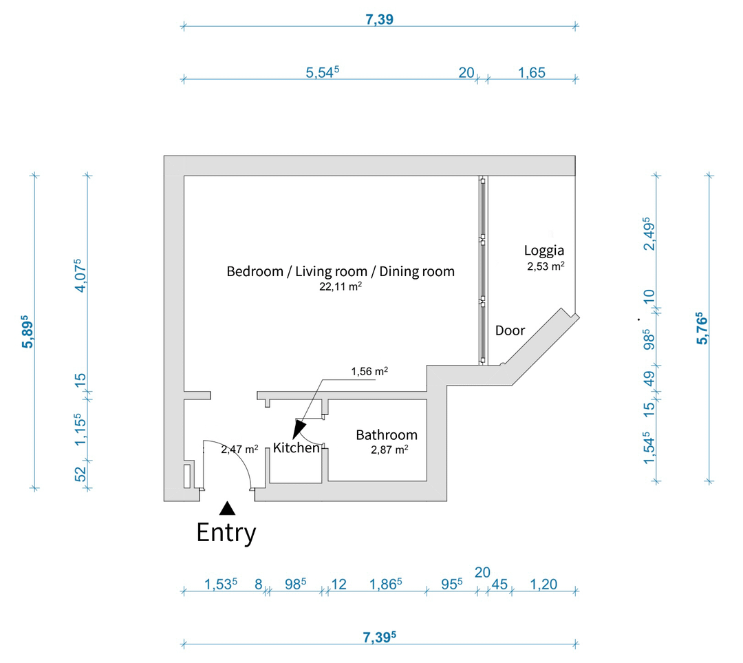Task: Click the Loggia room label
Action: (x=544, y=250)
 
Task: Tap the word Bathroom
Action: (x=386, y=435)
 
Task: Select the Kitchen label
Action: (x=297, y=448)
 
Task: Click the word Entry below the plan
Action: (x=226, y=532)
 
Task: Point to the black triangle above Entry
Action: (x=227, y=509)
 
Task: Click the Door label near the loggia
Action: (x=510, y=330)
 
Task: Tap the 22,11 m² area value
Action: (x=341, y=286)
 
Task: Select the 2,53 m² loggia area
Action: (x=546, y=266)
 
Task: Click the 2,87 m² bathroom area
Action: (x=389, y=450)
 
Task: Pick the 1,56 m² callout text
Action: (x=369, y=372)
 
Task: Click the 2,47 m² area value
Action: (x=239, y=450)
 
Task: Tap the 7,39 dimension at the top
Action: (x=379, y=20)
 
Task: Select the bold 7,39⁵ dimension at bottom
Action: (x=379, y=637)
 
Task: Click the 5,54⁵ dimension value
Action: (x=323, y=72)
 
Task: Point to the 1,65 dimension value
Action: (x=531, y=72)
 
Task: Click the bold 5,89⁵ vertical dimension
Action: (x=28, y=333)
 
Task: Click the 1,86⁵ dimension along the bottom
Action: (x=385, y=585)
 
